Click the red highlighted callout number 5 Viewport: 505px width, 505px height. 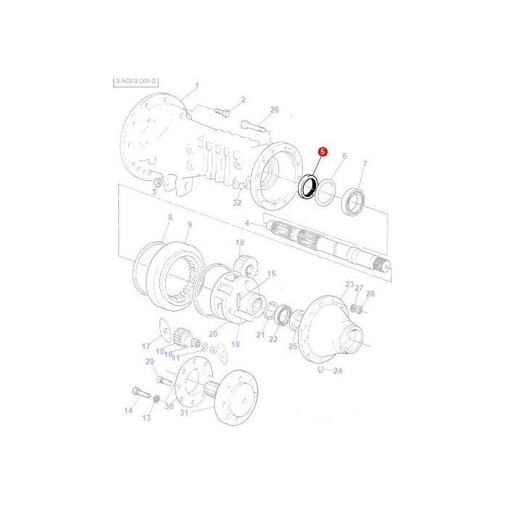pos(322,152)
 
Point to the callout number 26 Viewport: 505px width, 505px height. pos(274,110)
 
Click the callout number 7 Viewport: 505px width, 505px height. pos(364,164)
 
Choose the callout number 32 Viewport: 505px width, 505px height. pos(237,203)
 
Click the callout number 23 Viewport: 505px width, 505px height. pos(349,285)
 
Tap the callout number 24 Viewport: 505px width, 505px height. pos(338,371)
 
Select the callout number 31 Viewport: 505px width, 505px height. pos(183,412)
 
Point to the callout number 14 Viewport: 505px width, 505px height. pos(128,411)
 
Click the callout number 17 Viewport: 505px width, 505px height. pos(146,346)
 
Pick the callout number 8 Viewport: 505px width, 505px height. pos(170,217)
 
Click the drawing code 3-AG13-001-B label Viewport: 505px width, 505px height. pos(135,82)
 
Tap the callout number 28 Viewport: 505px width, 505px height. pos(370,294)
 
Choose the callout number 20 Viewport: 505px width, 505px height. pos(212,333)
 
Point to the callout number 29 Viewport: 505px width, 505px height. pos(150,361)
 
